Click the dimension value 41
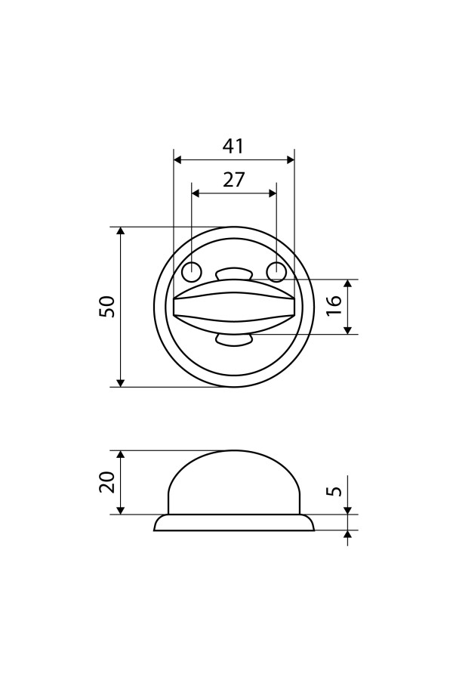tap(233, 146)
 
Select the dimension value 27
tap(234, 179)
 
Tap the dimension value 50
tap(107, 307)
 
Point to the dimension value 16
tap(335, 306)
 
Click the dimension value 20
tap(107, 481)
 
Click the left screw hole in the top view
tap(191, 272)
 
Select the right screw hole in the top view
tap(276, 272)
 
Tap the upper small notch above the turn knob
tap(233, 274)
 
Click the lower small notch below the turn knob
tap(233, 340)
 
